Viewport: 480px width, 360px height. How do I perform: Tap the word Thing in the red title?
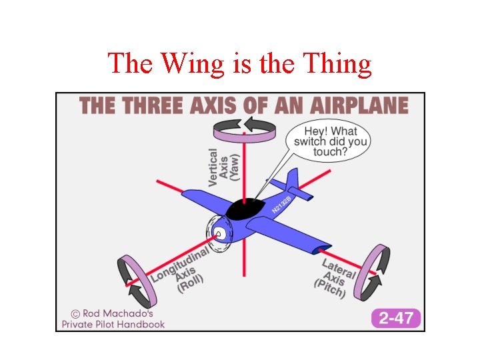(337, 64)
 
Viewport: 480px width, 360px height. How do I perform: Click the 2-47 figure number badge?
(396, 317)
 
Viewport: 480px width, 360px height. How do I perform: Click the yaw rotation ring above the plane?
(244, 129)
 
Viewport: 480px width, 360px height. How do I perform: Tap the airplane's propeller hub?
(218, 234)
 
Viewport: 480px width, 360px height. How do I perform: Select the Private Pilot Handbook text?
(113, 324)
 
